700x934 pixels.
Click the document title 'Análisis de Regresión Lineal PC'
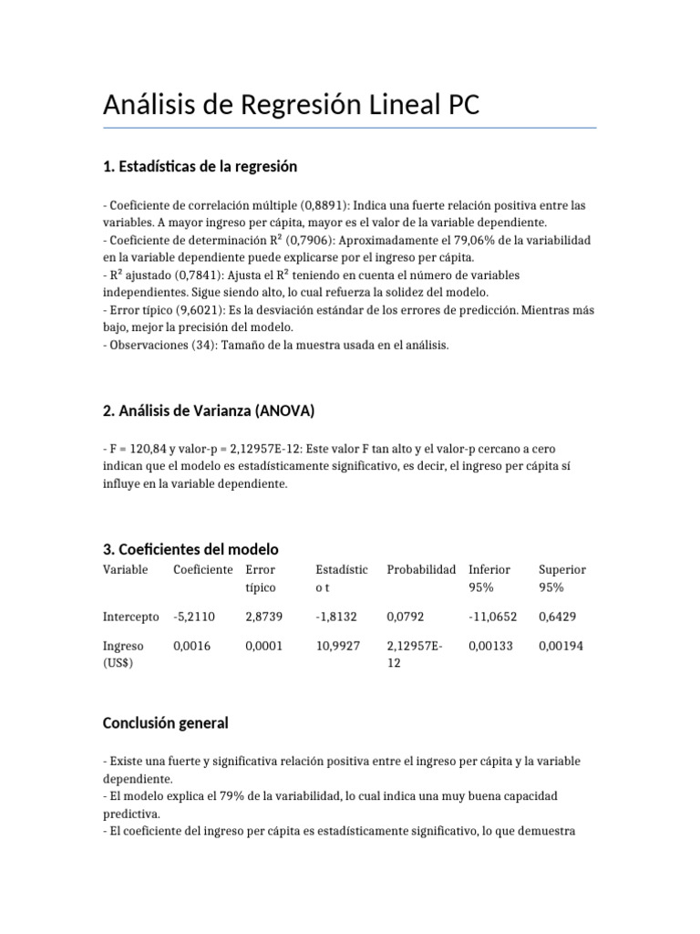(291, 106)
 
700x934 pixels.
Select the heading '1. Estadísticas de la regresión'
(201, 166)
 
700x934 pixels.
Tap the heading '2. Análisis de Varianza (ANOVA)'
(209, 411)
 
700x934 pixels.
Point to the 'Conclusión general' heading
(165, 723)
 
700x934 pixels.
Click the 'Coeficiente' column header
(203, 570)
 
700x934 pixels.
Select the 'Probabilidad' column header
(421, 570)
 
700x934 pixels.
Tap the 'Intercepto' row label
(131, 617)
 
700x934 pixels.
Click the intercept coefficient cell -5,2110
(194, 617)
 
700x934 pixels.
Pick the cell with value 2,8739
(264, 617)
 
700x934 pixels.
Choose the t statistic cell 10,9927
(338, 647)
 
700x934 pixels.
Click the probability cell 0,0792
(406, 617)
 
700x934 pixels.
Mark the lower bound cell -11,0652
(493, 617)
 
